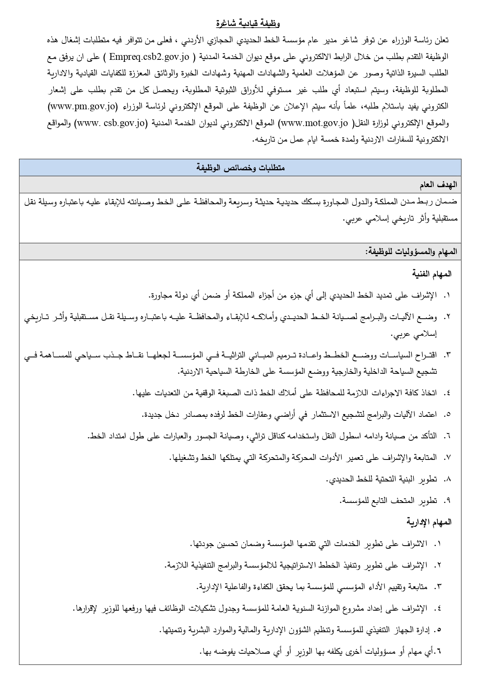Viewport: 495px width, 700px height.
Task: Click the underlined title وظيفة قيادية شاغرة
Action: [248, 24]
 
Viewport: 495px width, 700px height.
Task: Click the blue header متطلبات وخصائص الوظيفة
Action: [240, 168]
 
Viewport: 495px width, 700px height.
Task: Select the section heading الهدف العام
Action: [438, 185]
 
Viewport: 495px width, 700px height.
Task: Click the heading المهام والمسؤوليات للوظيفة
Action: [411, 252]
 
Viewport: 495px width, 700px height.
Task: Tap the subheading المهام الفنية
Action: [432, 274]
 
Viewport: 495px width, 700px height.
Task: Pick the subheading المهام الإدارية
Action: [429, 522]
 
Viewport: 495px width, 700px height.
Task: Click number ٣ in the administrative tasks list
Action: [438, 587]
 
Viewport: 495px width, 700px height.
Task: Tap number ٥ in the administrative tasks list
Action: [439, 630]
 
